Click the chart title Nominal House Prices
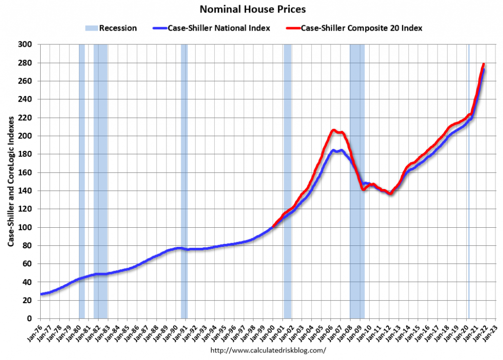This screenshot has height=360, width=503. [x=253, y=9]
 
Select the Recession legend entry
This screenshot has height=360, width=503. [x=110, y=28]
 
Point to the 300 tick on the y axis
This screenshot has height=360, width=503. [x=26, y=45]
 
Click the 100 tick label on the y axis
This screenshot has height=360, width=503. [x=26, y=227]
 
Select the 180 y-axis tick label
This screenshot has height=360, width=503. [x=26, y=154]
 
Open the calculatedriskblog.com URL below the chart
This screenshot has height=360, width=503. [x=268, y=350]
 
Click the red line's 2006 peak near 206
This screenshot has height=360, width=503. [x=333, y=130]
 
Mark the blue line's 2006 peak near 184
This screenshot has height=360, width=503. [x=333, y=150]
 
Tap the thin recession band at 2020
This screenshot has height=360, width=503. [x=469, y=201]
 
